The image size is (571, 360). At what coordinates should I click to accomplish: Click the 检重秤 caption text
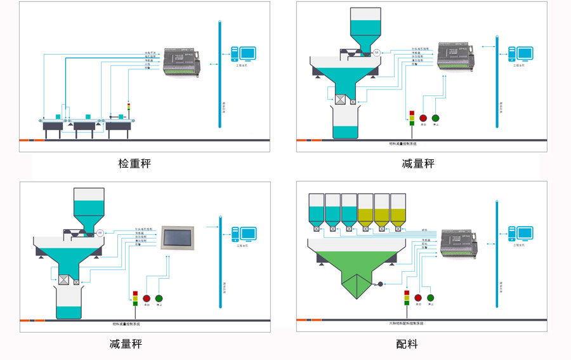click(135, 164)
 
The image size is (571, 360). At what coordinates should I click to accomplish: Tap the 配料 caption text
click(407, 344)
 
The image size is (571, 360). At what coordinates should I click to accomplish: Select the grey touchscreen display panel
click(179, 237)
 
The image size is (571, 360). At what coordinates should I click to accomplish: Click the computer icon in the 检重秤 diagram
click(243, 54)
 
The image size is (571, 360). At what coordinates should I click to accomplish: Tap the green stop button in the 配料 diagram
click(431, 298)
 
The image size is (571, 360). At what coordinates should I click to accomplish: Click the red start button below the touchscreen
click(147, 298)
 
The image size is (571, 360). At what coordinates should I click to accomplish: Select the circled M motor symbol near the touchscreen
click(100, 234)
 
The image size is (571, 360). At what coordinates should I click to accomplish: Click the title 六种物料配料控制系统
click(406, 323)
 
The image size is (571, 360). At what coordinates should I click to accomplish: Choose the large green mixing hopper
click(356, 267)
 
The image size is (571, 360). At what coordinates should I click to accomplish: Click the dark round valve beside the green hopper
click(379, 284)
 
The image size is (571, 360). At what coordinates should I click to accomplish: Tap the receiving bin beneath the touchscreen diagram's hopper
click(69, 303)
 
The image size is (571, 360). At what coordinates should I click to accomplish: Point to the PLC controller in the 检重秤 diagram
click(182, 62)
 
